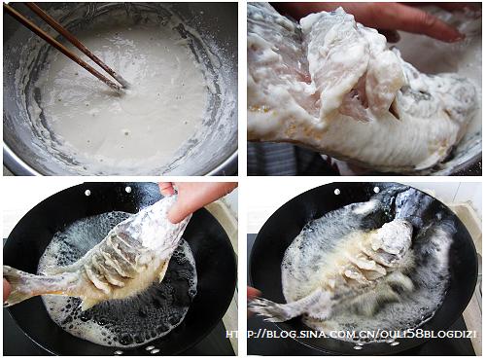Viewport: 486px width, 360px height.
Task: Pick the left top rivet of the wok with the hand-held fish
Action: (87, 193)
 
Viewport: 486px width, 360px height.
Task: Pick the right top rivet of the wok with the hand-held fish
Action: (128, 190)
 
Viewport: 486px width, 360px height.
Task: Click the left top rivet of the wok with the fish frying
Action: (337, 192)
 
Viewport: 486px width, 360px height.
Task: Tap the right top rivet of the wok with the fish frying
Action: (376, 190)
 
